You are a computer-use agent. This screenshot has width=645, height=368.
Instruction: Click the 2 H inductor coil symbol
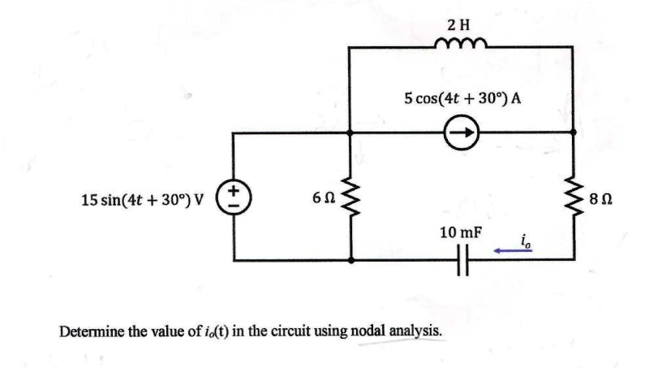click(461, 43)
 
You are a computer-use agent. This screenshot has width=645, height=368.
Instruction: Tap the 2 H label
click(458, 25)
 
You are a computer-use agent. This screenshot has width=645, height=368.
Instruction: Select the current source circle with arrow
click(462, 132)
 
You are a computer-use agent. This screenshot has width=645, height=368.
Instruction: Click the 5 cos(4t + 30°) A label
click(462, 98)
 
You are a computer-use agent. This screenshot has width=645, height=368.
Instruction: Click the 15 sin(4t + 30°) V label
click(143, 200)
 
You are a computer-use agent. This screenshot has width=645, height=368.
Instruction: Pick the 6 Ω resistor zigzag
click(350, 197)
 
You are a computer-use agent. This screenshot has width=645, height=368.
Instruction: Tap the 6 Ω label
click(324, 198)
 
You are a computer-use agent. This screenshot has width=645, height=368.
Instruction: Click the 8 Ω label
click(601, 200)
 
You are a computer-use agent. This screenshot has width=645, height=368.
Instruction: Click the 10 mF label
click(461, 233)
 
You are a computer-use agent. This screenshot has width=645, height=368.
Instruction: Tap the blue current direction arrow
click(513, 250)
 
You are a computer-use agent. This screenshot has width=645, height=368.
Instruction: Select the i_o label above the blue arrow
click(526, 241)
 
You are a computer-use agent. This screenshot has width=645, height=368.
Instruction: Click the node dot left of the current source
click(349, 132)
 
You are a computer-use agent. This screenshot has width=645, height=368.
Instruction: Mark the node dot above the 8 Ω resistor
click(573, 132)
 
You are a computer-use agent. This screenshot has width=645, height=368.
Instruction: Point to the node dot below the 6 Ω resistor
click(350, 260)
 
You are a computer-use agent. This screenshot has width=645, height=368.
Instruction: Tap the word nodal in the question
click(367, 331)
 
